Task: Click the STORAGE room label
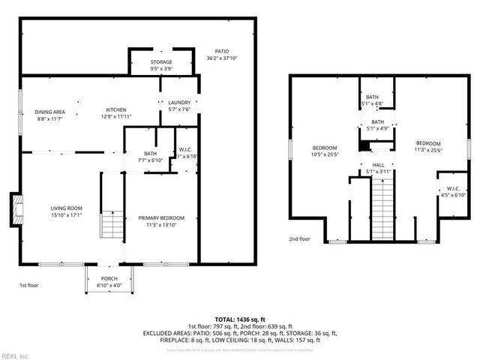coord(160,61)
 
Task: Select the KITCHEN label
coord(115,109)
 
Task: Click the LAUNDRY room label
coord(178,102)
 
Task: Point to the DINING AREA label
coord(49,112)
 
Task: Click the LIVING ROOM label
coord(66,208)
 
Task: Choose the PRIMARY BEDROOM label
coord(160,218)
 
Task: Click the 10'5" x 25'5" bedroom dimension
coord(324,154)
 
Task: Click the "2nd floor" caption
coord(299,240)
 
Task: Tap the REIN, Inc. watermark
coord(14,355)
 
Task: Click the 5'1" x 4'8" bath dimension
coord(373,104)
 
